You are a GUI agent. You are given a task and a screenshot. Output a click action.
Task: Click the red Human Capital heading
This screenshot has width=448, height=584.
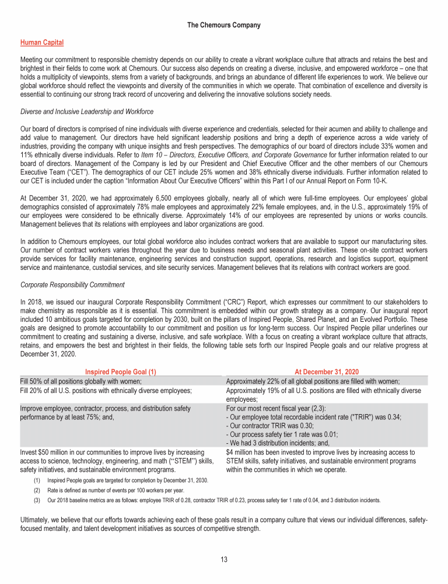pos(42,43)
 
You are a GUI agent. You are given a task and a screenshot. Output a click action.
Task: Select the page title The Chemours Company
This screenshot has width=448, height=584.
pos(224,25)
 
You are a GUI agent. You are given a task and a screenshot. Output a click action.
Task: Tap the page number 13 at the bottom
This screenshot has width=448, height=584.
pos(224,560)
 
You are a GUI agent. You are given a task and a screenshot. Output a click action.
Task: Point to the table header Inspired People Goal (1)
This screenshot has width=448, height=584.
pos(121,371)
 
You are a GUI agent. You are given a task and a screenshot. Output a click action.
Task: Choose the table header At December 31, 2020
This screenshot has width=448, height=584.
pos(327,371)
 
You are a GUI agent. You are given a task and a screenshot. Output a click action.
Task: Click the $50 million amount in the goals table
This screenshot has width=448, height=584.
pos(48,452)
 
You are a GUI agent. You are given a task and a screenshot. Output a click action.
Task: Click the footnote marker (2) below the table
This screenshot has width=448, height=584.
pos(36,491)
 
